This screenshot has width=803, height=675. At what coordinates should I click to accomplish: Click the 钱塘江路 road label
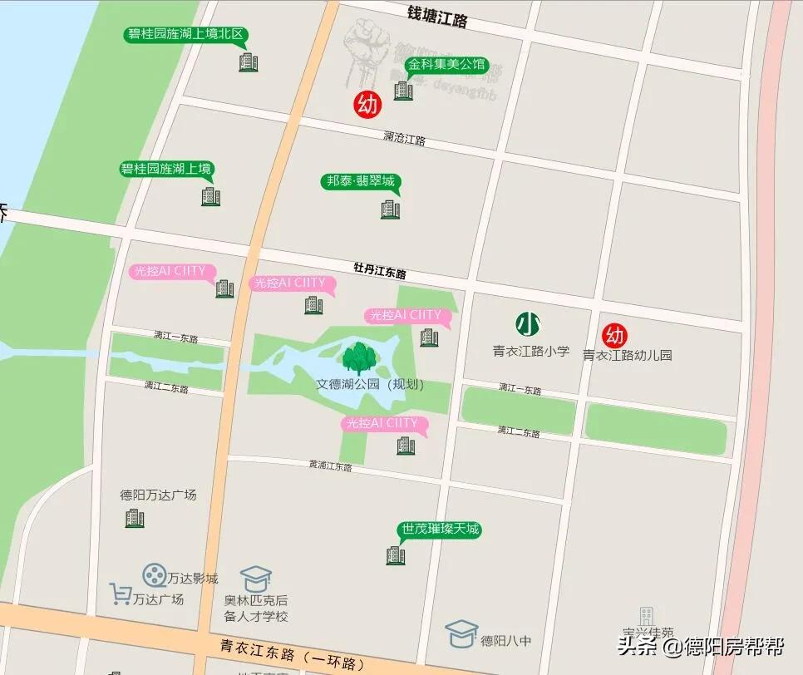[437, 16]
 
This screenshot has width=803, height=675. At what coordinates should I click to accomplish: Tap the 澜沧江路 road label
[405, 139]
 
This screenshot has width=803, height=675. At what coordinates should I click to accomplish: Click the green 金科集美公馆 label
[445, 64]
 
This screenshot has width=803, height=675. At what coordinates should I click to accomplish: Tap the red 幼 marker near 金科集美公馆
[367, 105]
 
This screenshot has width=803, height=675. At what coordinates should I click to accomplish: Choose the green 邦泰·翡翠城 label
[360, 181]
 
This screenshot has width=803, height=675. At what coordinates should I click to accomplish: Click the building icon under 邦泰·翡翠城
[390, 209]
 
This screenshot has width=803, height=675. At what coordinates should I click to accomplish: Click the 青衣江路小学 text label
[531, 352]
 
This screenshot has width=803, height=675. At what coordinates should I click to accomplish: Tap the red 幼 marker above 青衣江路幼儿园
[614, 335]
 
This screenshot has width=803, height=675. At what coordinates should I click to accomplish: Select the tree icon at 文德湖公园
[359, 357]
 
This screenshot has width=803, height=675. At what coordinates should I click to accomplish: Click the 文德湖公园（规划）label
[371, 385]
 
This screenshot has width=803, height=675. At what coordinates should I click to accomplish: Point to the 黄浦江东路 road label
[330, 466]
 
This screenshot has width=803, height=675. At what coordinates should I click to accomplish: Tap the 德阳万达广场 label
[158, 495]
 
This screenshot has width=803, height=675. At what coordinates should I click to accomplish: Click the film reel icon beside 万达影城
[154, 574]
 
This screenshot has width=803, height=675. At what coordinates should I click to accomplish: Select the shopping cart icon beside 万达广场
[121, 594]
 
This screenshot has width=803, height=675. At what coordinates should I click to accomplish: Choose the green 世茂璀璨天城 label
[440, 530]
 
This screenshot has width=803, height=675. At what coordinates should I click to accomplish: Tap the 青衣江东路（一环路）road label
[293, 653]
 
